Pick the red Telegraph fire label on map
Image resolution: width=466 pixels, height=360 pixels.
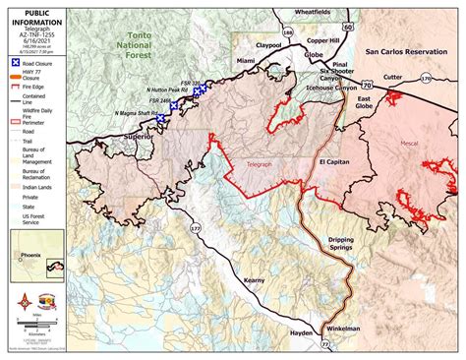tap(259, 165)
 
